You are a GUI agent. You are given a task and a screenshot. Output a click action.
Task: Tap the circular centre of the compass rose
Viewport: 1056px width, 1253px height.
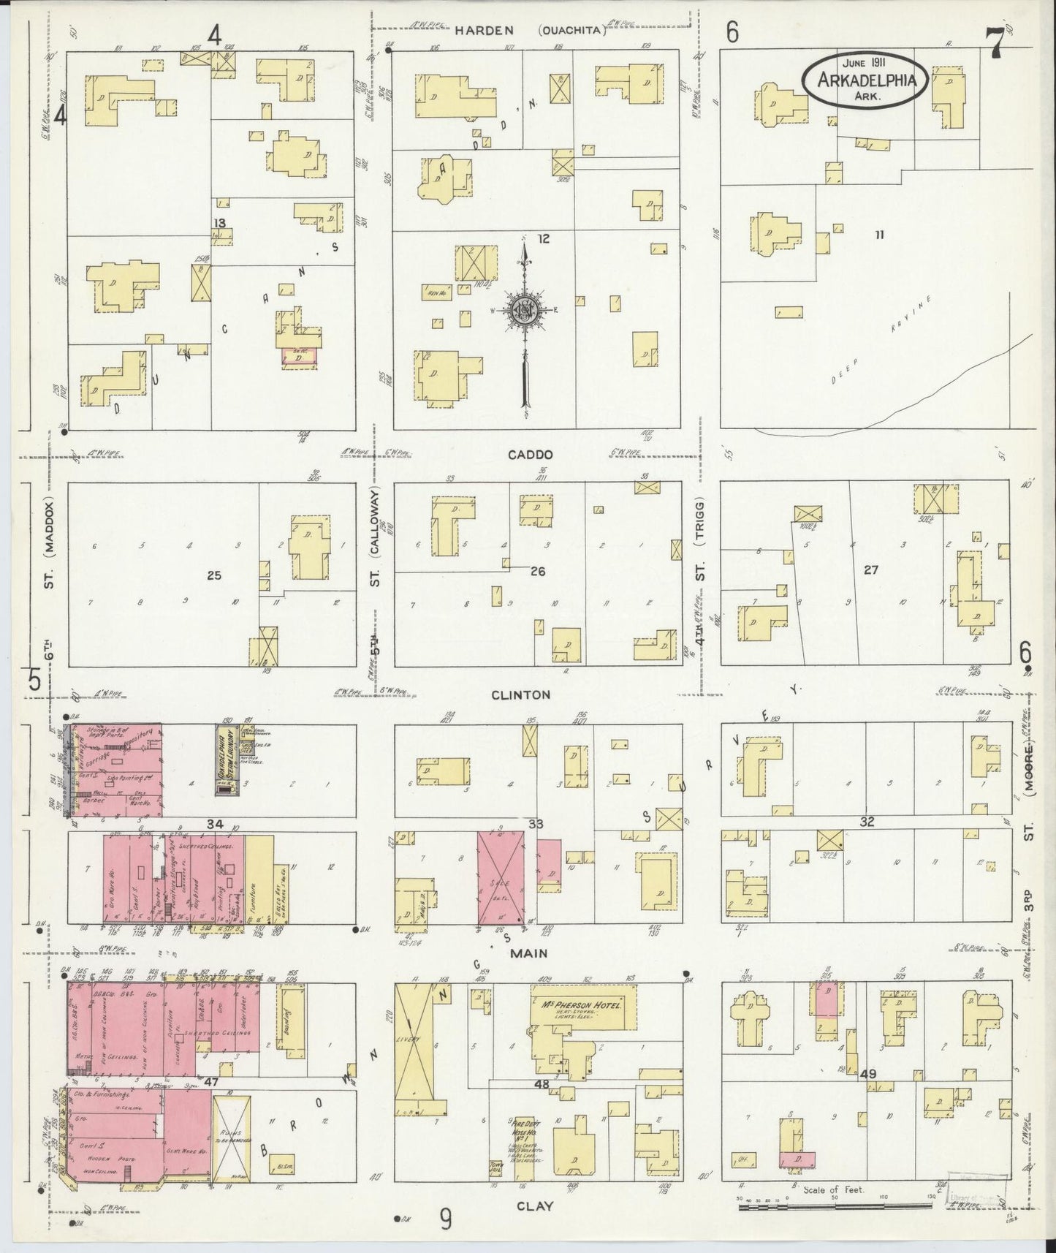pyautogui.click(x=525, y=309)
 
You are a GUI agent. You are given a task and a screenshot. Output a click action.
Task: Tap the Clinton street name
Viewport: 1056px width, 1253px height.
pyautogui.click(x=531, y=694)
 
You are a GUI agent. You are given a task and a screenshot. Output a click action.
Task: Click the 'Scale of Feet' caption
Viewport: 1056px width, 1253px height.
pyautogui.click(x=833, y=1189)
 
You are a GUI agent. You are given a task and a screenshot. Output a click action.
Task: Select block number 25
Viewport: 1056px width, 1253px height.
pyautogui.click(x=213, y=575)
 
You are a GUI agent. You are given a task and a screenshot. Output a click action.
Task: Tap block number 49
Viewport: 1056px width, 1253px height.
pyautogui.click(x=868, y=1075)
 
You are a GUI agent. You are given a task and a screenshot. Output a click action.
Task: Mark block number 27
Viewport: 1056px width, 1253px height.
pyautogui.click(x=870, y=570)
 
